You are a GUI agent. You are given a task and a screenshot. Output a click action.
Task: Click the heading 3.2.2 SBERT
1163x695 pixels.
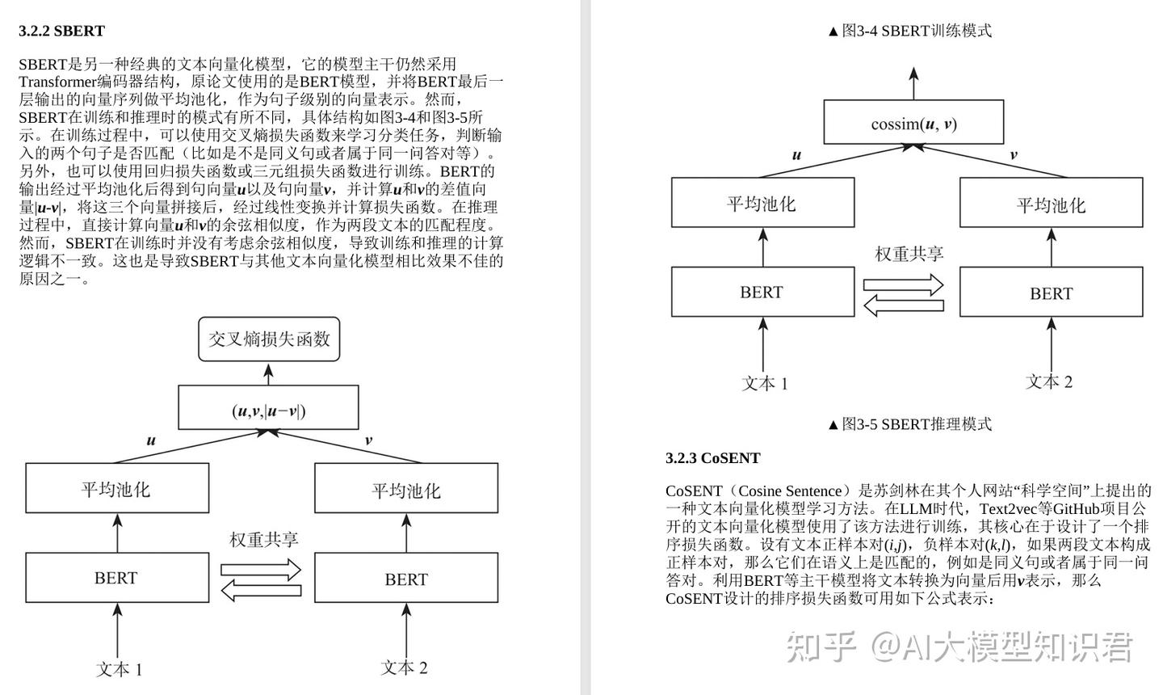point(62,31)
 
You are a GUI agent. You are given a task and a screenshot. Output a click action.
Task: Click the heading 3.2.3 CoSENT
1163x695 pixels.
point(712,458)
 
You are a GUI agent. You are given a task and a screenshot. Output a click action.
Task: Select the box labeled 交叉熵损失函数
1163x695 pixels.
point(269,339)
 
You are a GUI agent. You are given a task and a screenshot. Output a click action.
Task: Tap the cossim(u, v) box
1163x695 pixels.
point(913,123)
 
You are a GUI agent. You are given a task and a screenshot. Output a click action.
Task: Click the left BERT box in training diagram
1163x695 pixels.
point(117,577)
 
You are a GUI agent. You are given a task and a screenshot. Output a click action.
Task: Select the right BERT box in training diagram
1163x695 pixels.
point(405,579)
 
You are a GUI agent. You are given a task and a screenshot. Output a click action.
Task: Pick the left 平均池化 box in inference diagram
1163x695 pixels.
point(762,203)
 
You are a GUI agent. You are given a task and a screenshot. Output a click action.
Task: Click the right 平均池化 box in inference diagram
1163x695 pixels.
point(1051,204)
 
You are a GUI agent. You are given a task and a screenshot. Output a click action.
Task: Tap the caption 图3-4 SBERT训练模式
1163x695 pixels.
point(910,31)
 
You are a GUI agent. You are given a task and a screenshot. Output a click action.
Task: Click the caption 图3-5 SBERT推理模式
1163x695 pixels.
point(910,423)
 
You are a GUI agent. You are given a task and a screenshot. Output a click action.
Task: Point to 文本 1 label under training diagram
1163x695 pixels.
point(120,669)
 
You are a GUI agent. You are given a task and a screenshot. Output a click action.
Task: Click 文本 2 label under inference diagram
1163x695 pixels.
point(1049,382)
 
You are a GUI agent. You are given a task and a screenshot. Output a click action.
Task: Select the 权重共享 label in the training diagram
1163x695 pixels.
point(263,539)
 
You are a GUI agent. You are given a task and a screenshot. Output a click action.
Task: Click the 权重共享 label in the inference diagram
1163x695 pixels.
point(909,254)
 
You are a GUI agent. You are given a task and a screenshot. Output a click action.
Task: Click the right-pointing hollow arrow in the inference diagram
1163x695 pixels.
point(903,284)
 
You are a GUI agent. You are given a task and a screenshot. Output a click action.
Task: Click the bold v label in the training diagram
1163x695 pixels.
point(368,440)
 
